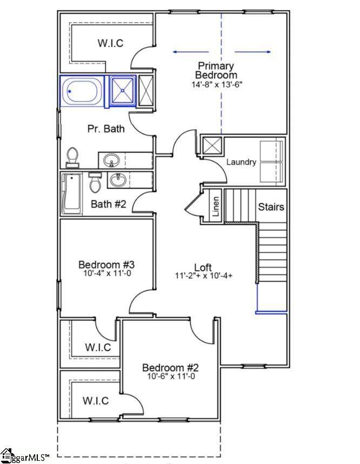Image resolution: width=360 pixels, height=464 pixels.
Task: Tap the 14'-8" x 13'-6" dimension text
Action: point(217,84)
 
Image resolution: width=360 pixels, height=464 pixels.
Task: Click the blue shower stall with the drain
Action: point(123,91)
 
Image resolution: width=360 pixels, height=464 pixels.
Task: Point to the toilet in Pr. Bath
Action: point(72,157)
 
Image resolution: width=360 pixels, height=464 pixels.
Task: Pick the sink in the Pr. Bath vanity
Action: point(111,160)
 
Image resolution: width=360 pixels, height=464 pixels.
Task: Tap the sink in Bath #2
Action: point(118,180)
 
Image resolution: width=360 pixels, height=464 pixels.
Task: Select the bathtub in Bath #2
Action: point(72,194)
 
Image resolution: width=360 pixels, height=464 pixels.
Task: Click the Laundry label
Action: point(241,162)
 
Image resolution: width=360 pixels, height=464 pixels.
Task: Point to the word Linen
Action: point(216,206)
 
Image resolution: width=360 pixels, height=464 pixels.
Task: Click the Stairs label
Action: point(271,206)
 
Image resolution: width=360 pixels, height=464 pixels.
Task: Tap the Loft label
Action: point(203,267)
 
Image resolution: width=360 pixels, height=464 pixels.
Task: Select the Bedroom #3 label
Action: point(106,264)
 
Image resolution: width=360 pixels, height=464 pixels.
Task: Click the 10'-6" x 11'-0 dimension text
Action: point(171,376)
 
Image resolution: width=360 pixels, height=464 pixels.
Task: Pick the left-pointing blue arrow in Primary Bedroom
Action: point(191,52)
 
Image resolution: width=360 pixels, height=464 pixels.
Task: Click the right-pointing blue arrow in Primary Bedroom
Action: point(253,52)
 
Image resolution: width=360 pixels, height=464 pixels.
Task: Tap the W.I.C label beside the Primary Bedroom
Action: point(110,43)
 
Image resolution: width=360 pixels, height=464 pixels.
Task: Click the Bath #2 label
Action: point(108,204)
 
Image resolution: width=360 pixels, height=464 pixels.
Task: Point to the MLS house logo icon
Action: point(7,456)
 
